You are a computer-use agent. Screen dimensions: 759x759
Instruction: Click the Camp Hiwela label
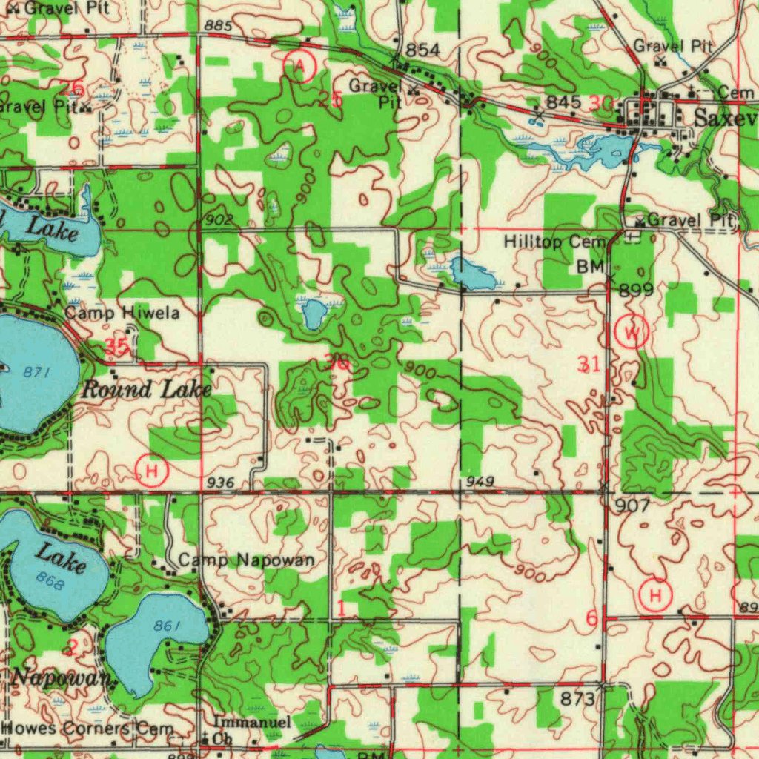pyautogui.click(x=122, y=314)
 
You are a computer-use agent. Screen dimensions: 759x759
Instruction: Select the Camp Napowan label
pyautogui.click(x=245, y=560)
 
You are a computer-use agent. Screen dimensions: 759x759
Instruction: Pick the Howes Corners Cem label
pyautogui.click(x=87, y=729)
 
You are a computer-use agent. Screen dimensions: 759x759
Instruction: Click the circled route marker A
pyautogui.click(x=300, y=66)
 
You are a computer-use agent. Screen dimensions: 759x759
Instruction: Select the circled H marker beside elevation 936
pyautogui.click(x=152, y=471)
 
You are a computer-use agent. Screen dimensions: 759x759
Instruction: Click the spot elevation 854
pyautogui.click(x=422, y=50)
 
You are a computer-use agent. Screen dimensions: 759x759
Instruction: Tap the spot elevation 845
pyautogui.click(x=563, y=102)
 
